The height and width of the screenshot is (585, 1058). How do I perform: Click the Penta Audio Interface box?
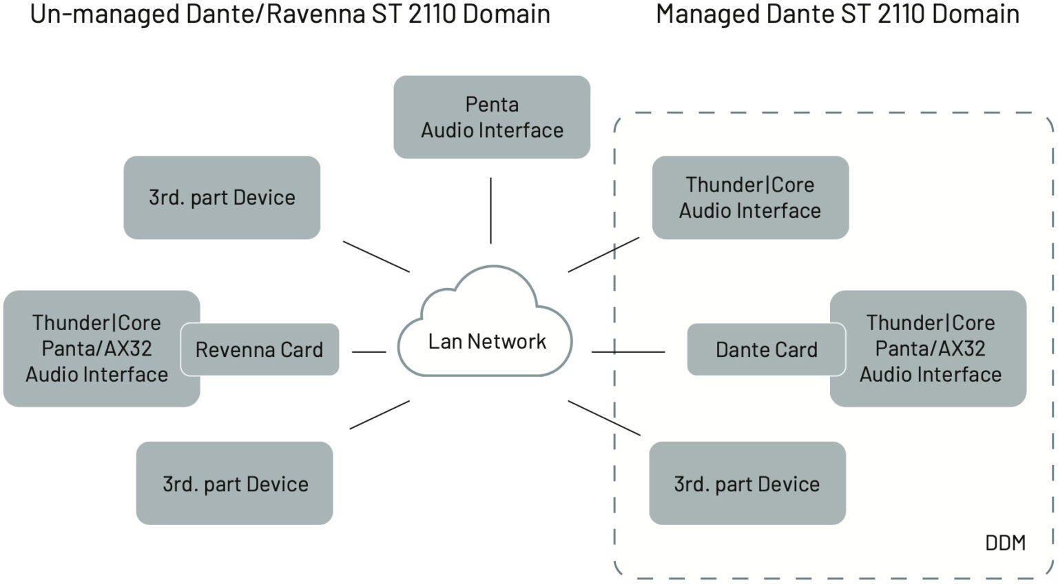point(491,117)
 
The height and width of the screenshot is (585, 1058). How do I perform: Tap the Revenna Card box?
point(260,349)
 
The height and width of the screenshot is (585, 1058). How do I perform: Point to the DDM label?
point(1005,543)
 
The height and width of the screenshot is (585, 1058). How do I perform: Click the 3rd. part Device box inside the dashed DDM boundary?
point(747,484)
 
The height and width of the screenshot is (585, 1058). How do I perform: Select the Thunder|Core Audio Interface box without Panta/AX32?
point(749,198)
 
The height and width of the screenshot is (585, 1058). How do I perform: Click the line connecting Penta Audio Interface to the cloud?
point(490,210)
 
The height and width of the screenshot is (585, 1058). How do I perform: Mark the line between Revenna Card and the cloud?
point(369,352)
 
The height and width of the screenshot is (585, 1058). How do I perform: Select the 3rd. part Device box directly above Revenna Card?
point(222,198)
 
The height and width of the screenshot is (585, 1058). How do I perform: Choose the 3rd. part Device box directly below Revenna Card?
point(234,484)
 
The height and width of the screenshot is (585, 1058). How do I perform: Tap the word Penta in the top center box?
point(492,105)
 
